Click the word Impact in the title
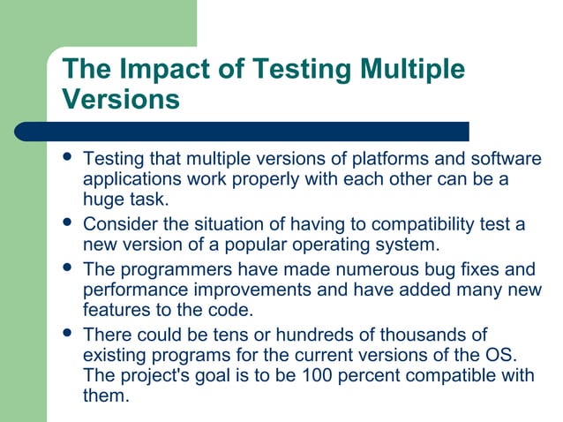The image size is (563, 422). tap(165, 70)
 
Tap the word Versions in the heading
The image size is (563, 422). tap(122, 99)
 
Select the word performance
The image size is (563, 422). tap(135, 289)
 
